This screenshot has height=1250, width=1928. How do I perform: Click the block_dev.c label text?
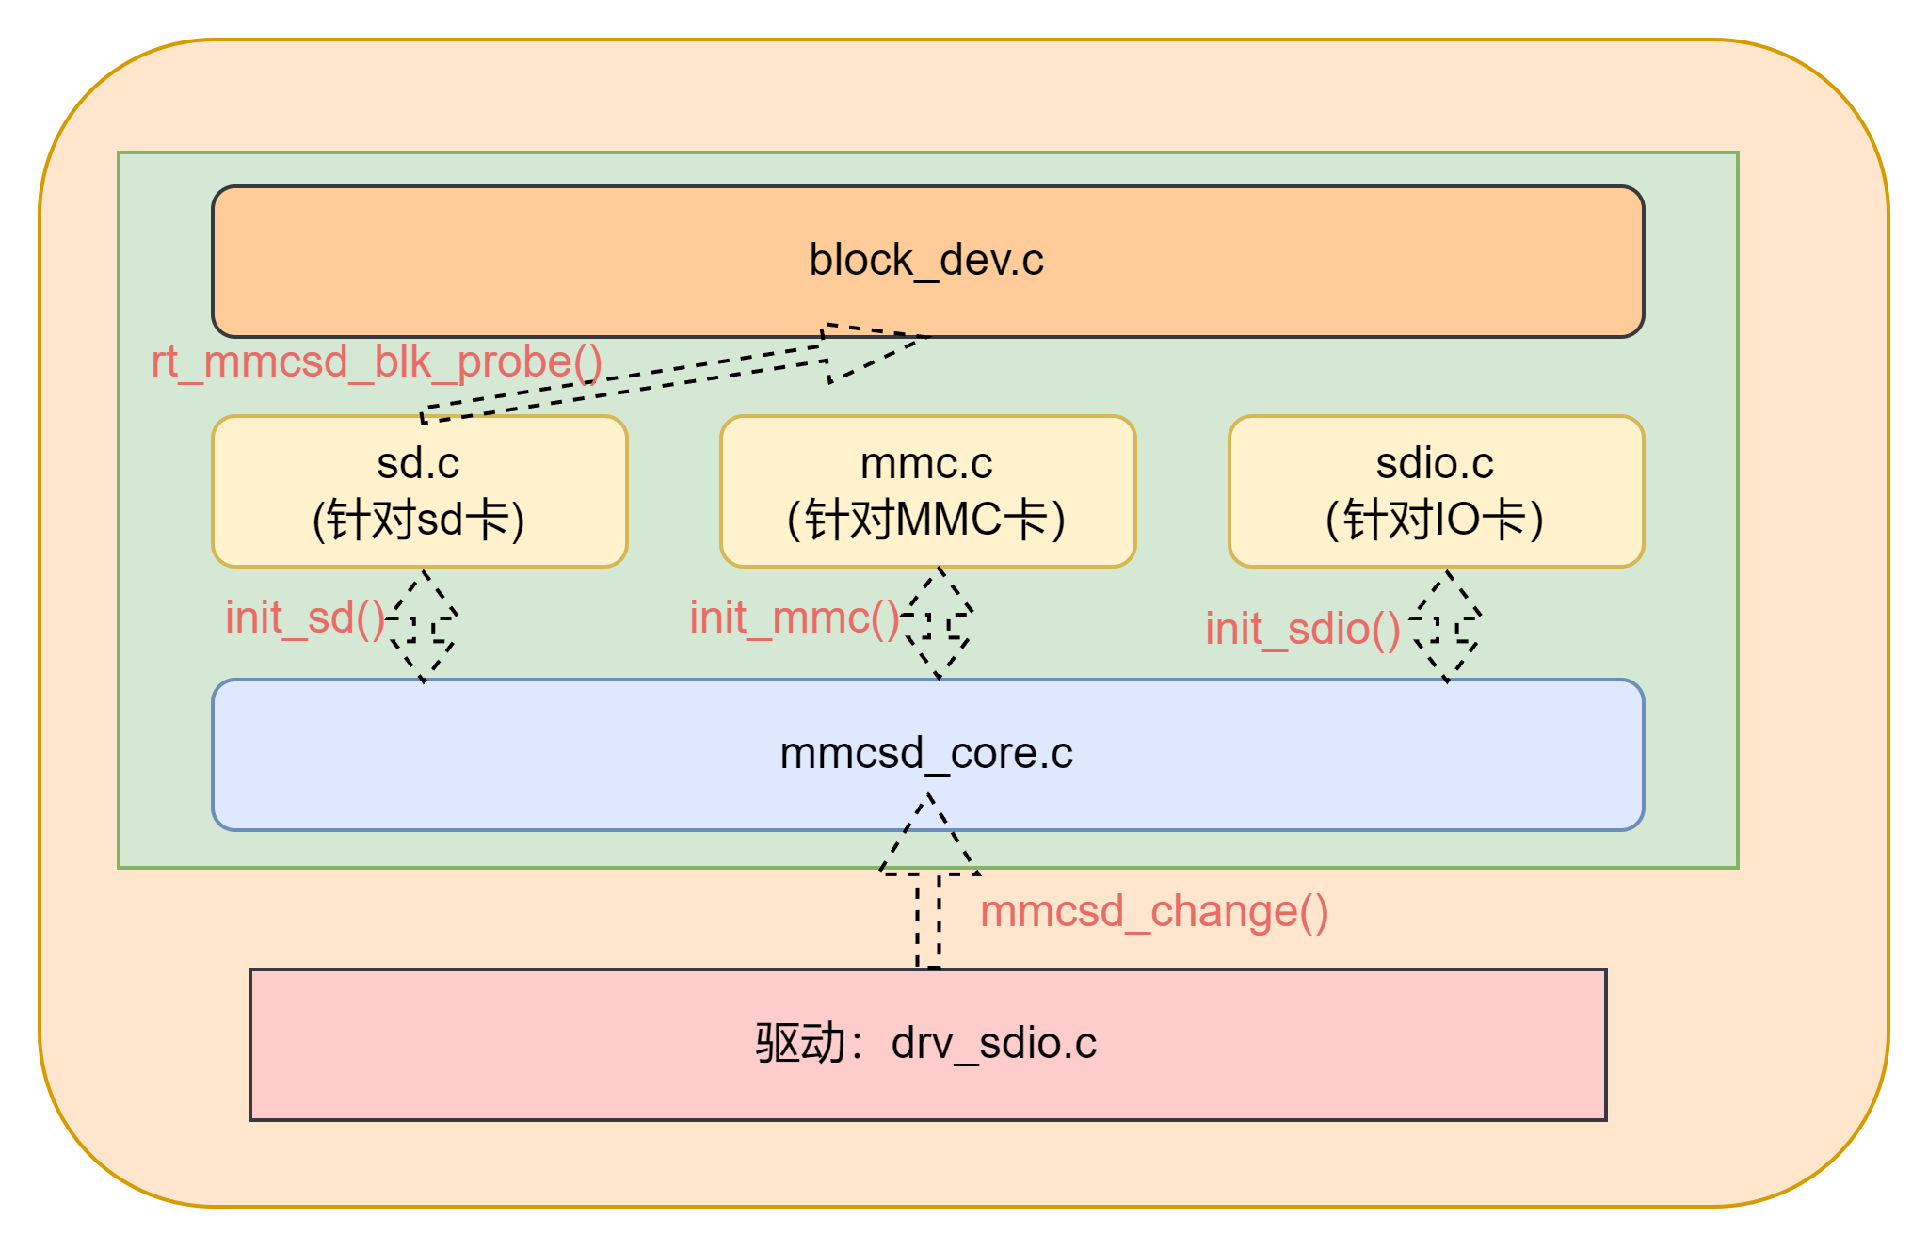tap(926, 261)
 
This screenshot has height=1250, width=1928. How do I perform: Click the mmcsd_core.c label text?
tap(926, 754)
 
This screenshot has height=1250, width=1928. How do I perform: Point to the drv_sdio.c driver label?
tap(994, 1044)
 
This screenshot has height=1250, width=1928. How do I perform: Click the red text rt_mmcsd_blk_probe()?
tap(377, 362)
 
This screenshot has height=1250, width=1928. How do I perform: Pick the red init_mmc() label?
tap(795, 618)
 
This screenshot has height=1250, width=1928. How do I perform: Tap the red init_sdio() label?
tap(1303, 629)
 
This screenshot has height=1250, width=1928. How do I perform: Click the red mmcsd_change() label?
tap(1154, 912)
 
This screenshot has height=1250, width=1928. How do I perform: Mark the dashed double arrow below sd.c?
tap(423, 625)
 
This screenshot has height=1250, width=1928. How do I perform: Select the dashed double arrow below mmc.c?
tap(938, 623)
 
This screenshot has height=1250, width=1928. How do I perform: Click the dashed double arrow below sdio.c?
tap(1446, 626)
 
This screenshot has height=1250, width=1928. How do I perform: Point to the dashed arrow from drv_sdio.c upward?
tap(929, 885)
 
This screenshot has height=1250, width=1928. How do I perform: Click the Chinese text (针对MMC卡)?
tap(927, 520)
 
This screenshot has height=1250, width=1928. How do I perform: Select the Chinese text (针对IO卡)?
tap(1435, 520)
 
